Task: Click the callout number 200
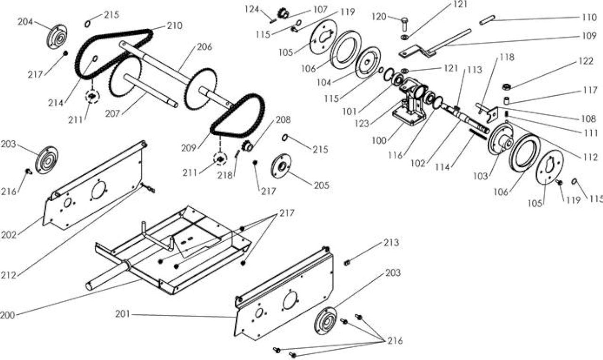tap(8, 315)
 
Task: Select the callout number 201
tap(123, 314)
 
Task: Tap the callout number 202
tap(9, 235)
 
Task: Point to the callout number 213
tap(391, 243)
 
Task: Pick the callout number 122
tap(586, 61)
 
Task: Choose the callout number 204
tap(25, 22)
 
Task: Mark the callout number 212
tap(8, 275)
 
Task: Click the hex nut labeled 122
tap(507, 87)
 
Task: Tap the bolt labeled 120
tap(405, 24)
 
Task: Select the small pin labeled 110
tap(487, 20)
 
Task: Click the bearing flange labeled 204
tap(57, 37)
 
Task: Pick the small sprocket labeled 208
tap(248, 146)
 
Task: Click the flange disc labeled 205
tap(281, 166)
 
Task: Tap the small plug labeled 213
tap(347, 262)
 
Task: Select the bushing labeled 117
tap(506, 101)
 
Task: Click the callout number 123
tap(361, 123)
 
